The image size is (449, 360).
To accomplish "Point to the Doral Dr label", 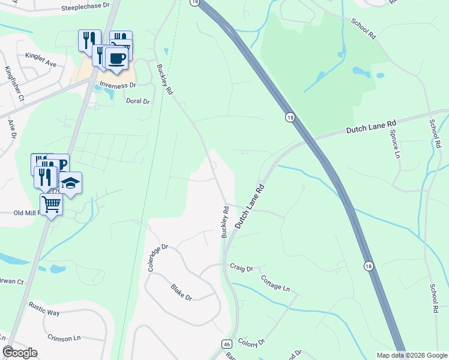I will [137, 101].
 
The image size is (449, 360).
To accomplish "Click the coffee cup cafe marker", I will [116, 58].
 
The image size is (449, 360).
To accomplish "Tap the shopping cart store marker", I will [52, 205].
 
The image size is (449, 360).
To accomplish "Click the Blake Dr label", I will [181, 293].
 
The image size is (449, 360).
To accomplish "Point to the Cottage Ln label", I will [275, 283].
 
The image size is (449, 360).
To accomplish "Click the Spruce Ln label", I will [394, 144].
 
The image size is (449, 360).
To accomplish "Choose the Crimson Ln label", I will [65, 338].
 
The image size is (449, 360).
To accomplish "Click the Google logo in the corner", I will [20, 352].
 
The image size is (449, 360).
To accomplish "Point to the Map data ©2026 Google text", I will [412, 355].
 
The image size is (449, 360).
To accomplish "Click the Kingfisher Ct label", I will [13, 83].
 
